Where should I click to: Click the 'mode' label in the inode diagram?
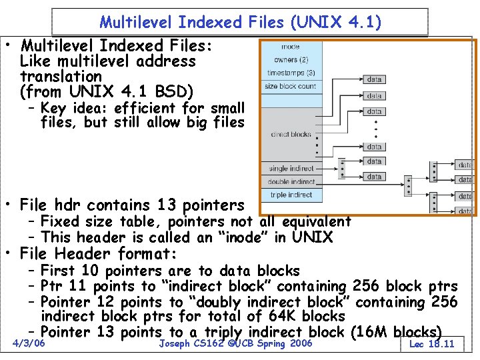pos(291,47)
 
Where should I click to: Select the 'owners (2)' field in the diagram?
pos(291,60)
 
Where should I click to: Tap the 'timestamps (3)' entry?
pos(291,73)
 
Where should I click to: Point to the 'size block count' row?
pos(291,86)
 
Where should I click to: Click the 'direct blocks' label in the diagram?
pos(291,134)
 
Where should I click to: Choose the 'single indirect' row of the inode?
pos(291,169)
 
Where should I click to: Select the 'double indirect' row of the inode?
pos(291,181)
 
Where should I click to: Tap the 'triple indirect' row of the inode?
pos(291,195)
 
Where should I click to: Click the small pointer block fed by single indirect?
pos(342,168)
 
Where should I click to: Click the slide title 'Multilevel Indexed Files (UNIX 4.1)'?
pos(240,22)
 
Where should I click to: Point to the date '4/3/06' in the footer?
pos(29,343)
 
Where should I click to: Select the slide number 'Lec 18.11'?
pos(431,344)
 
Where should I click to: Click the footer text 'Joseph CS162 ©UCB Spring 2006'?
pos(235,343)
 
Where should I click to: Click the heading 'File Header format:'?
pos(99,254)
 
